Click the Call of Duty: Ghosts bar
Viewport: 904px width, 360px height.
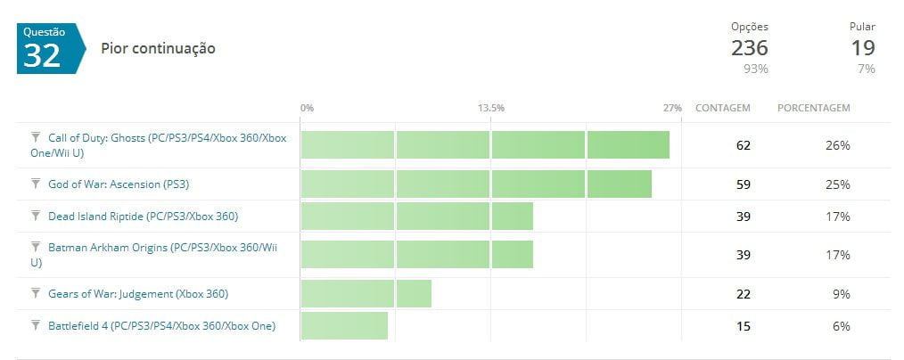[484, 145]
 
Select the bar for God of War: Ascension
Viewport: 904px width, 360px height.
[475, 184]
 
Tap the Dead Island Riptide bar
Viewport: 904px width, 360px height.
[416, 217]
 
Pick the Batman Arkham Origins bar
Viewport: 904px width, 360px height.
[416, 254]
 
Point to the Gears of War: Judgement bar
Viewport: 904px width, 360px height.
[366, 293]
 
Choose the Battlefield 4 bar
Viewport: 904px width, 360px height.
[344, 325]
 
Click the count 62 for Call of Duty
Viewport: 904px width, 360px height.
[743, 145]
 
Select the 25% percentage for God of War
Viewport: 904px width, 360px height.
[837, 184]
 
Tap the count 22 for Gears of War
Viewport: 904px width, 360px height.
[743, 293]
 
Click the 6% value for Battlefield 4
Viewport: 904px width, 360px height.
[841, 325]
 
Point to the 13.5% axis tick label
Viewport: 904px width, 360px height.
[490, 108]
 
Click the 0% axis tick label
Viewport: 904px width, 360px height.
[307, 108]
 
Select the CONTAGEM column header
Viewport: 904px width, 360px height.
[722, 108]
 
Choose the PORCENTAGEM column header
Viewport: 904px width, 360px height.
[814, 108]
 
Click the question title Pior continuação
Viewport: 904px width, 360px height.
[158, 48]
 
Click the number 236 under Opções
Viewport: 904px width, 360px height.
[749, 48]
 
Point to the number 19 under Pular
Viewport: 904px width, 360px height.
[862, 48]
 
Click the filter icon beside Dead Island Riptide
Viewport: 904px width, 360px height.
[36, 216]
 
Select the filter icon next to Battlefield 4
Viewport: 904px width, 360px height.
[36, 324]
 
